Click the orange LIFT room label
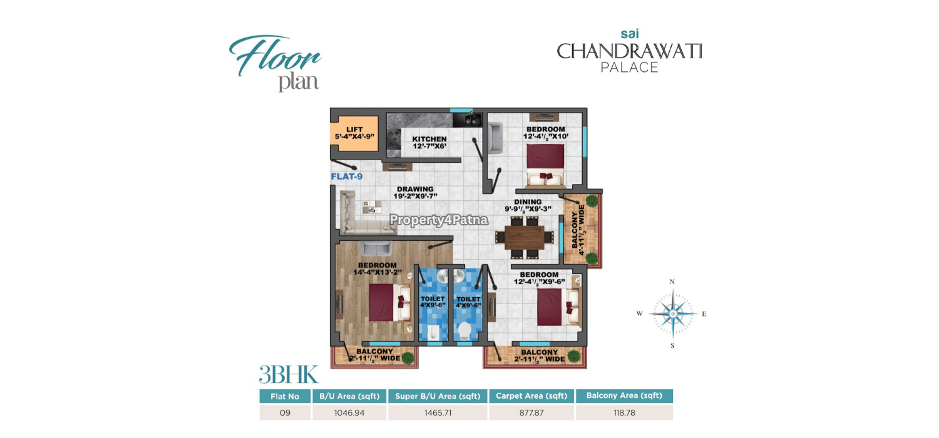354,133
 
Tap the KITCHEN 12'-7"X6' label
429,143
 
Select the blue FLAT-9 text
347,176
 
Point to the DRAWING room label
415,192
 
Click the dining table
524,238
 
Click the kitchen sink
466,120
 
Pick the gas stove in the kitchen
394,139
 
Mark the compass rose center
673,313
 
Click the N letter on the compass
672,282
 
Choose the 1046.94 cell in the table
349,413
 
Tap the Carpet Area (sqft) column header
531,395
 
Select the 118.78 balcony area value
624,413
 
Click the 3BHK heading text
289,374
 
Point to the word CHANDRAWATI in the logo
629,51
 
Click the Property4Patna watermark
439,220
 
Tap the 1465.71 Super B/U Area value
438,413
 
